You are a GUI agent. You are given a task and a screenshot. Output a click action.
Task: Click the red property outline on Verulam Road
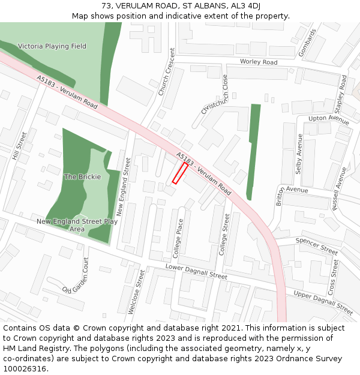tap(180, 173)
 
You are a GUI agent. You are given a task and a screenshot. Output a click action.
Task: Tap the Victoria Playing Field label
tap(52, 46)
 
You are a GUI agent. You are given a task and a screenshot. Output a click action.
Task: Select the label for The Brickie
tap(82, 177)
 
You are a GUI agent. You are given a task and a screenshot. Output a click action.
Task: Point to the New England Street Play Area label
tap(77, 225)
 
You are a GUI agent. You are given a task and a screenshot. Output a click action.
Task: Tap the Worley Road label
tap(258, 62)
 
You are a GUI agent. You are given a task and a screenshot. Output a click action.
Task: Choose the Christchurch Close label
tap(215, 94)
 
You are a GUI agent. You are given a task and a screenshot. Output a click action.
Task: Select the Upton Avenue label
tap(328, 120)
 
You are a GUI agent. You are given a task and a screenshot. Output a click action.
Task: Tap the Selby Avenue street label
tap(299, 154)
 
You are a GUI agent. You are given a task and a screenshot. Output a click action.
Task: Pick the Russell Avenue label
tap(338, 188)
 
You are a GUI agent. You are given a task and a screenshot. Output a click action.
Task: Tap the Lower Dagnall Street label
tap(196, 272)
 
